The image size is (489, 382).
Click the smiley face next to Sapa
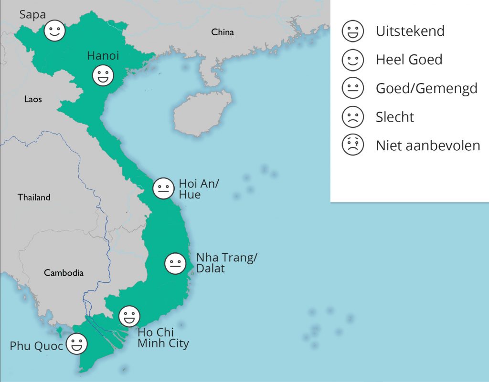55,31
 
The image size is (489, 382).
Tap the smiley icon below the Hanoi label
103,76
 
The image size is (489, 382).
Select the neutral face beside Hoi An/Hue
163,188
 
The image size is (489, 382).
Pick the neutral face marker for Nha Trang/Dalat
175,264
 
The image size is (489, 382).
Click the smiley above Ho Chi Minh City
129,316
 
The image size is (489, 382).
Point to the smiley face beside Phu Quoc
76,344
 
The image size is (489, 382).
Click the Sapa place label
32,15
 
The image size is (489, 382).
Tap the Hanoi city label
103,56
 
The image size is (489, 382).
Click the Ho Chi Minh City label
163,337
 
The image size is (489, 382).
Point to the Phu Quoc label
36,346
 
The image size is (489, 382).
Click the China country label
223,32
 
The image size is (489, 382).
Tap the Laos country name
33,99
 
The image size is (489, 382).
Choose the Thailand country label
34,197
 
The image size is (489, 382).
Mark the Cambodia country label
64,273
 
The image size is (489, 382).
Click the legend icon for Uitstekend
353,31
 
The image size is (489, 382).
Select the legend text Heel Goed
409,60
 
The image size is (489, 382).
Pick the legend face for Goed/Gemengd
353,88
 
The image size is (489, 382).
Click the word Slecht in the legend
395,117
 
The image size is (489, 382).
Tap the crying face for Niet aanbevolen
353,145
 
